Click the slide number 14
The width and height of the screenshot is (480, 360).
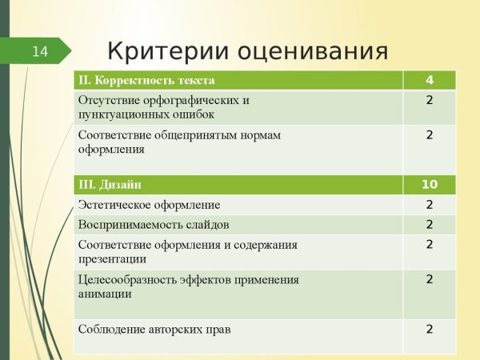click(x=40, y=52)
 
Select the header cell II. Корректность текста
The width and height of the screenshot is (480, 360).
click(x=146, y=81)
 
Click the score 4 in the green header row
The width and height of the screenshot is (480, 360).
click(x=430, y=81)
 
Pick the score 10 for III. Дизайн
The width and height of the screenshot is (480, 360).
click(x=430, y=185)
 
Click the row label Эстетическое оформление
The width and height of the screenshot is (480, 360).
click(x=149, y=206)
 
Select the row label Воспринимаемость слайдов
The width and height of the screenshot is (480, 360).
click(x=154, y=225)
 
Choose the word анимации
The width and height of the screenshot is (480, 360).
click(x=106, y=294)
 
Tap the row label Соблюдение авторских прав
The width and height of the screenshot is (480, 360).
click(x=154, y=329)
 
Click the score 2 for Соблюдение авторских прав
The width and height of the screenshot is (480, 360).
click(x=430, y=329)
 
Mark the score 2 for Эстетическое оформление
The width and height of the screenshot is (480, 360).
click(x=430, y=206)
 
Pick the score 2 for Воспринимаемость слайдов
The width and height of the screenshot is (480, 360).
click(x=430, y=225)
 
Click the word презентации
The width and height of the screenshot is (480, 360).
click(x=113, y=258)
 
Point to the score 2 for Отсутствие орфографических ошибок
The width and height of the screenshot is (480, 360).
click(x=430, y=101)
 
